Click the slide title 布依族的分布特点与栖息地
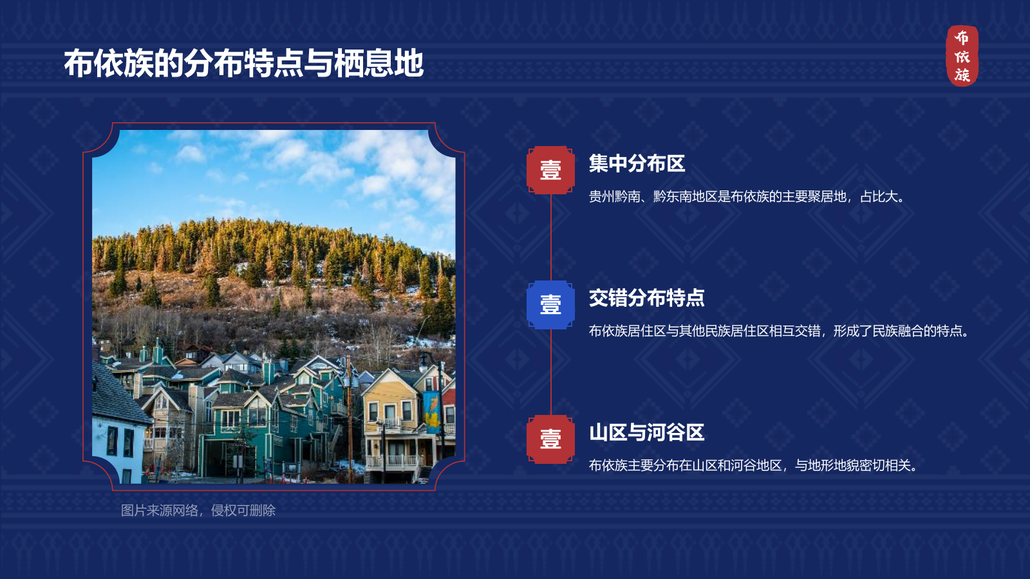click(243, 64)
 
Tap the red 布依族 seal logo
click(962, 56)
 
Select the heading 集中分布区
click(637, 163)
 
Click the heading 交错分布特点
click(646, 298)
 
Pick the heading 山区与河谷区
click(646, 432)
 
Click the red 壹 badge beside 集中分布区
click(550, 170)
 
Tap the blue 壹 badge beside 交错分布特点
click(550, 304)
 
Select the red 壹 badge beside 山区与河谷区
click(550, 439)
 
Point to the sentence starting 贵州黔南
click(748, 197)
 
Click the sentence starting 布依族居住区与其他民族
click(780, 331)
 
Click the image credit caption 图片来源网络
click(198, 511)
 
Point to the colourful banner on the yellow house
click(432, 412)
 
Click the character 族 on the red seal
click(962, 75)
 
